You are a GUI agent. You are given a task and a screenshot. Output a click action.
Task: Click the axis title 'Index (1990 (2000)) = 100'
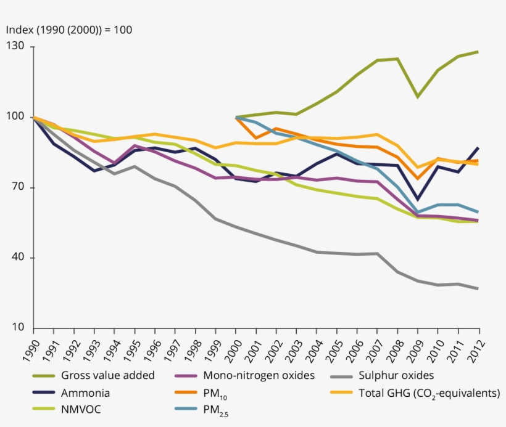(69, 30)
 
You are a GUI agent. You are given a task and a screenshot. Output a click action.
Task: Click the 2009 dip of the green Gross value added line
(418, 97)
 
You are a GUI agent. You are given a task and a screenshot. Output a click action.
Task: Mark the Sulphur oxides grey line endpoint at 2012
(478, 288)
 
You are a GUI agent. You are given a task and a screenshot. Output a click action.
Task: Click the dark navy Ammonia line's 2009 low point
(418, 200)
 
